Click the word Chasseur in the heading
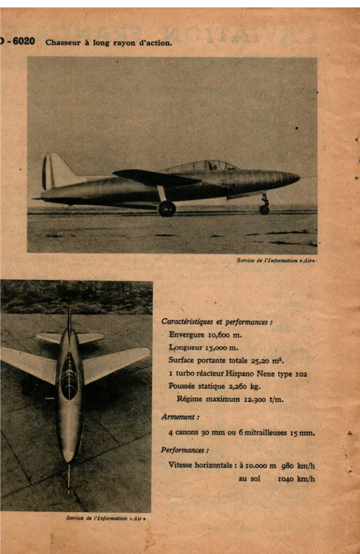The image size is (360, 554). pos(63,43)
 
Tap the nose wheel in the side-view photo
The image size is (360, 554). pos(264,210)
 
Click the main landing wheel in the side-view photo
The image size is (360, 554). pos(167,208)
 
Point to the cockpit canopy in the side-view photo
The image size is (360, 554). pos(201,166)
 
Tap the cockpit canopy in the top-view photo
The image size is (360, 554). pos(70,376)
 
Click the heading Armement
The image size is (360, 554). pos(180,417)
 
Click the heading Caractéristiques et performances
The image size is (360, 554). pos(217,321)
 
